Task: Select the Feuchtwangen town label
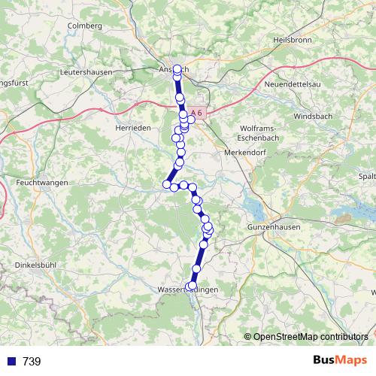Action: (x=42, y=183)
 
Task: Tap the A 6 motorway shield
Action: (x=196, y=112)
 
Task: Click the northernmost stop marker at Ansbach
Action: (x=177, y=69)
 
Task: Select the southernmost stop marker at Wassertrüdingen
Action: (x=192, y=286)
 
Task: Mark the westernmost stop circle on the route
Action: (x=167, y=183)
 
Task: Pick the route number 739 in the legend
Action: (x=32, y=362)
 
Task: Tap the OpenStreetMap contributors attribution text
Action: (x=310, y=336)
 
